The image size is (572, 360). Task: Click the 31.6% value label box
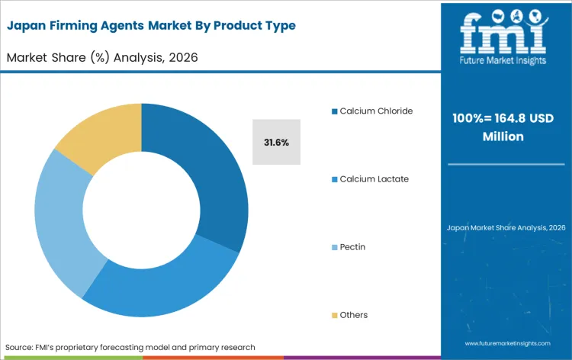coord(276,142)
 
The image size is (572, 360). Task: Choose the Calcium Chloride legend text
coord(376,111)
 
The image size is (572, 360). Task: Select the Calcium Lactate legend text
coord(374,178)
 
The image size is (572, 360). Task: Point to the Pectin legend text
coord(352,247)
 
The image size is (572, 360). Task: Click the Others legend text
coord(354,315)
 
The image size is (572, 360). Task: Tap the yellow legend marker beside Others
coord(334,316)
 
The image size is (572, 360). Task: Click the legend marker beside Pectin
coord(334,247)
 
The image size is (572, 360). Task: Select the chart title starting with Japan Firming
coord(151,26)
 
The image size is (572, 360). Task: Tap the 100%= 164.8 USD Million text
coord(504,127)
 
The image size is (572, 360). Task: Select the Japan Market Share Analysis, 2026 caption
coord(504,228)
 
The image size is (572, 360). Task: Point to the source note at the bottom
coord(130,347)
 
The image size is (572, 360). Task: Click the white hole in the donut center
coord(142,210)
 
